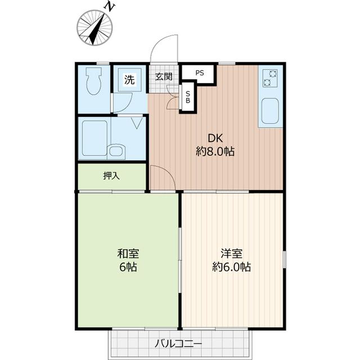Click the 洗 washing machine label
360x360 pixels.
[x=129, y=80]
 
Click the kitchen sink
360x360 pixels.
[x=271, y=112]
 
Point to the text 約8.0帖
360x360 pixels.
[x=215, y=151]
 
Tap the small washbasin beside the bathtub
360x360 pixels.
[x=117, y=150]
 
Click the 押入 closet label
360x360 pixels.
[x=111, y=176]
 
